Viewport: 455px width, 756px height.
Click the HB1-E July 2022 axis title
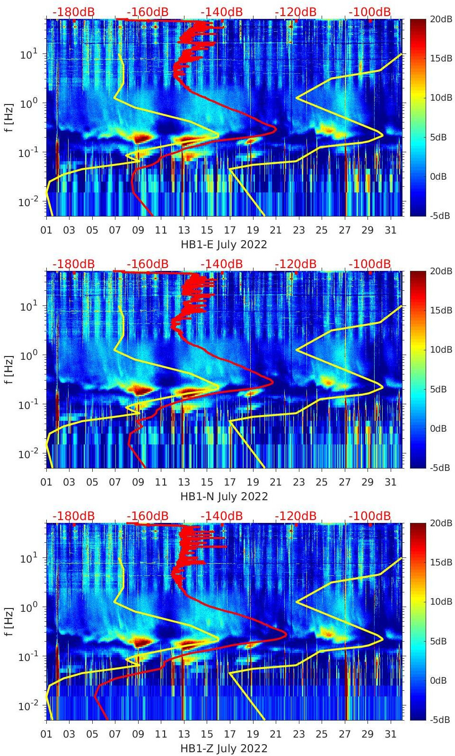224,244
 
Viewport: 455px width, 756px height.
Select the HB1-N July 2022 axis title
224,496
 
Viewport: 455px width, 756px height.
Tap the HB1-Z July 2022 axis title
224,748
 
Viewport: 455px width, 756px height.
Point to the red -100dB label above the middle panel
370,264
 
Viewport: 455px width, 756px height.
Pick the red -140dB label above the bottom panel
221,516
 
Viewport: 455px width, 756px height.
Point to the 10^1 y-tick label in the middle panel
27,306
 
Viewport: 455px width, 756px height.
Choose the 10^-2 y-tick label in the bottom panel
27,706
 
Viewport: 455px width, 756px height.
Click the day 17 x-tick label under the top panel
230,230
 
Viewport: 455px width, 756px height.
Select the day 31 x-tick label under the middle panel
390,482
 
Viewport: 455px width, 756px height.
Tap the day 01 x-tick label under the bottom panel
46,734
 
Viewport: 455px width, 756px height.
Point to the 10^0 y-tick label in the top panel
27,104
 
